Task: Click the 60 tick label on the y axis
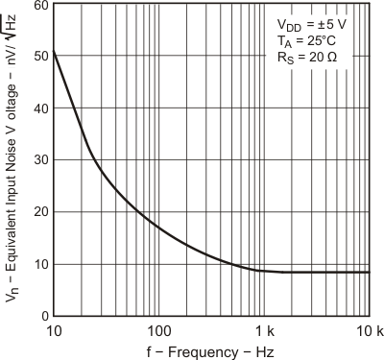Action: point(40,7)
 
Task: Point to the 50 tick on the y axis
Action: point(40,57)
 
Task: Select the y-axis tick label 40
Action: point(40,108)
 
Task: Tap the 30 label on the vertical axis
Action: point(40,160)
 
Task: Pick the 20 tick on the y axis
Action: point(40,212)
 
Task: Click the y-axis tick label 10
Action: point(40,264)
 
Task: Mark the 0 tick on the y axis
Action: point(44,315)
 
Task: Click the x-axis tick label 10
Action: point(54,329)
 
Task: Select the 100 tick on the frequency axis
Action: point(157,329)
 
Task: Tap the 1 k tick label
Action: point(264,329)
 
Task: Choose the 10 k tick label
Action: point(368,329)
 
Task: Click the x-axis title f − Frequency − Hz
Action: point(211,350)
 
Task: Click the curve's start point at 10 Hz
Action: point(54,50)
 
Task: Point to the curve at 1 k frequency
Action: point(264,270)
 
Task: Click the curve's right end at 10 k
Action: point(369,272)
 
